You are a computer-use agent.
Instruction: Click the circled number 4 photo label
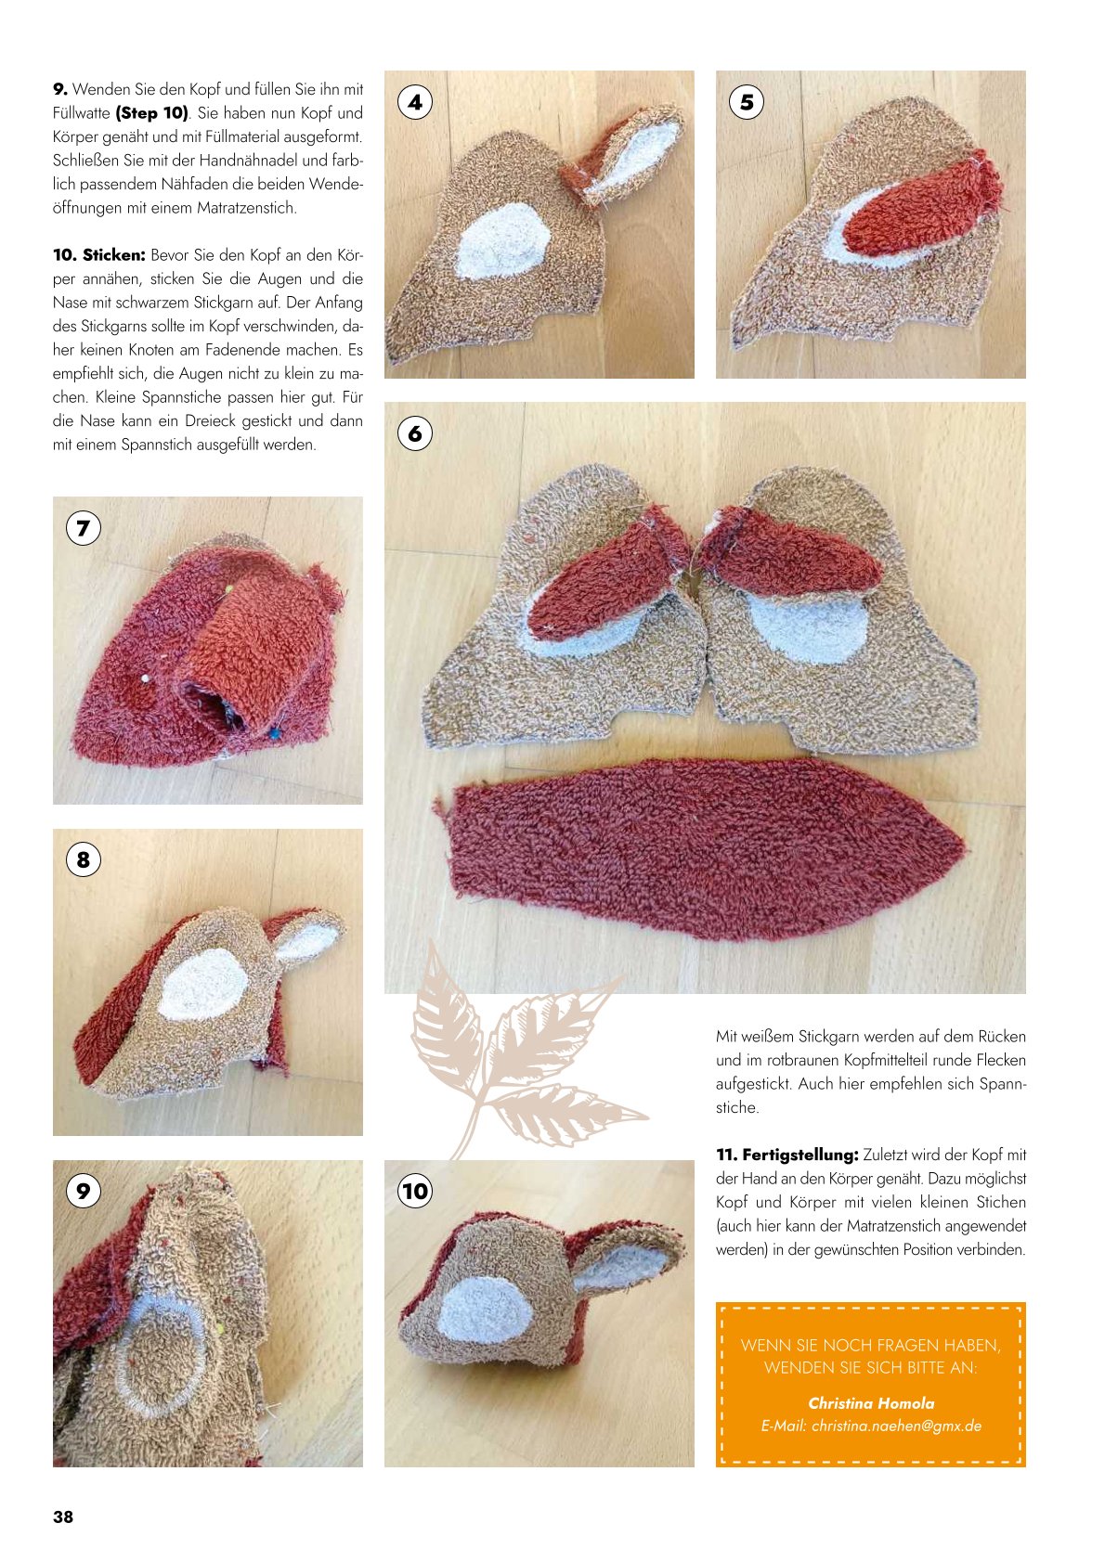415,102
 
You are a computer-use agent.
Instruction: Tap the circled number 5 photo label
747,102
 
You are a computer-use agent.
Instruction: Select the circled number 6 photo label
415,433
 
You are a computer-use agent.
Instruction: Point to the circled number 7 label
83,529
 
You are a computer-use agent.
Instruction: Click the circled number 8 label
83,859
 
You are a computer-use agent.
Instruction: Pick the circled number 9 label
83,1191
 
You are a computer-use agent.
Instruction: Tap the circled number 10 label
415,1191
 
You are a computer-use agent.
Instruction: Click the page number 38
63,1517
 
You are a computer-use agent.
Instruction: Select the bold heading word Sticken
113,255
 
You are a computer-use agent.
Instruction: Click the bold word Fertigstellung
800,1155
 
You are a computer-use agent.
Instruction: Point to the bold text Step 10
152,113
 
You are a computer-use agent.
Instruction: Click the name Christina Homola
871,1403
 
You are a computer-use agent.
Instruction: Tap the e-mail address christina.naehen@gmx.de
871,1426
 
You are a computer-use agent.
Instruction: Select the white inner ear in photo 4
630,156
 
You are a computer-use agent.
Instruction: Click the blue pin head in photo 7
276,733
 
